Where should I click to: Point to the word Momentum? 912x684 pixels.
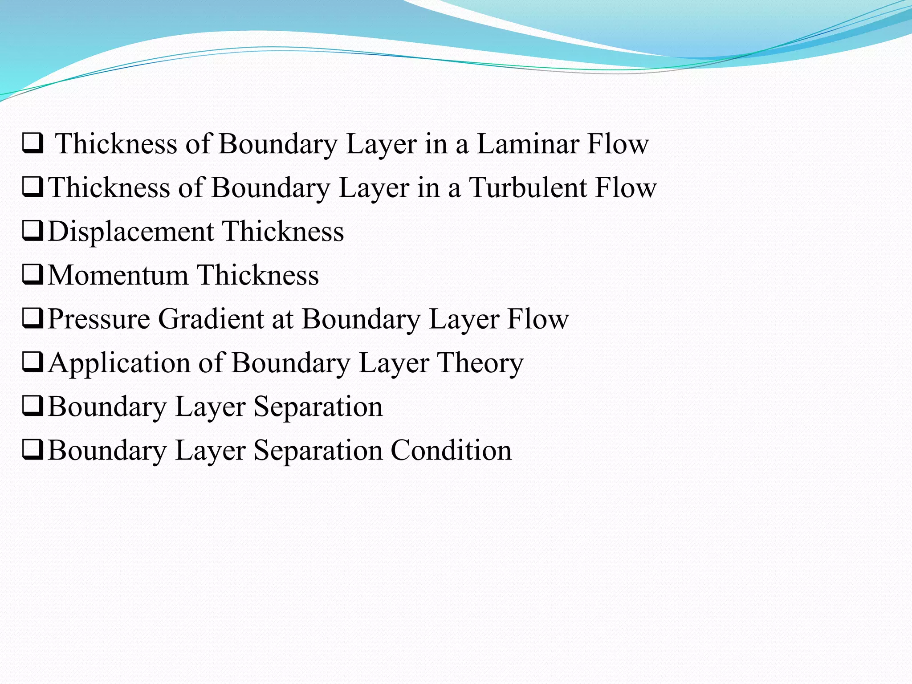pos(118,275)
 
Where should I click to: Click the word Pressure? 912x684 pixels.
pos(99,319)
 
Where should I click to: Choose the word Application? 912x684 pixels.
pos(119,363)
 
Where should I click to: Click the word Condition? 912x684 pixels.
pos(451,450)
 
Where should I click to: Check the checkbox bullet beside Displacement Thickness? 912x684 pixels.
pos(33,231)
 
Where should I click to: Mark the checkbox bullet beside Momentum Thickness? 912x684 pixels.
pos(33,275)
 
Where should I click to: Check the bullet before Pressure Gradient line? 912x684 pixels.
pos(33,319)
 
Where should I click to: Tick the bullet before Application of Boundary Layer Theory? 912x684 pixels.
pos(33,362)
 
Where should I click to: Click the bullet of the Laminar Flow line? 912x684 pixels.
pos(33,144)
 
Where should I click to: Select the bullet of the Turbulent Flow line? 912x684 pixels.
pos(33,187)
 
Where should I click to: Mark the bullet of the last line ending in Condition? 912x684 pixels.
pos(33,450)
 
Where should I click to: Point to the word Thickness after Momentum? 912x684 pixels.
pos(258,275)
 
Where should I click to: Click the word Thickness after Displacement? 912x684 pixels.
pos(283,232)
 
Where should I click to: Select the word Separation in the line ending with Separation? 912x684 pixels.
pos(318,407)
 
